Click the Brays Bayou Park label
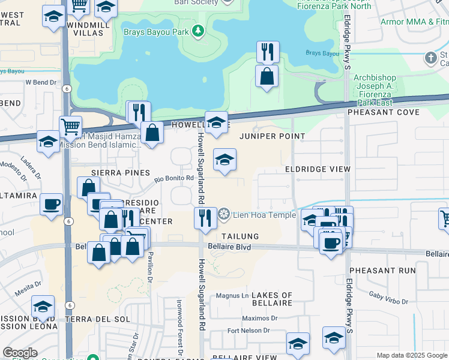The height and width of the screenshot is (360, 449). click(157, 31)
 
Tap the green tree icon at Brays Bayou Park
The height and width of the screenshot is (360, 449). click(197, 31)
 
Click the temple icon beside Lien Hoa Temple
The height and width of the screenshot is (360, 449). click(224, 214)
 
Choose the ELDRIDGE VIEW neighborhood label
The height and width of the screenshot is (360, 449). click(318, 169)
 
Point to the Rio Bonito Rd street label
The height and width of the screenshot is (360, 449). click(174, 178)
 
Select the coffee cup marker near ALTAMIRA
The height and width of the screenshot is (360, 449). click(52, 204)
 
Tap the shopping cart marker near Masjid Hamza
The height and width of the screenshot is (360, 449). click(71, 127)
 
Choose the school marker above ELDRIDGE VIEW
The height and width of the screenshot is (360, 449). click(224, 160)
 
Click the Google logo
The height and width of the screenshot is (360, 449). click(20, 353)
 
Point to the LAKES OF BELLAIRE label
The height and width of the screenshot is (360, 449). click(271, 299)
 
